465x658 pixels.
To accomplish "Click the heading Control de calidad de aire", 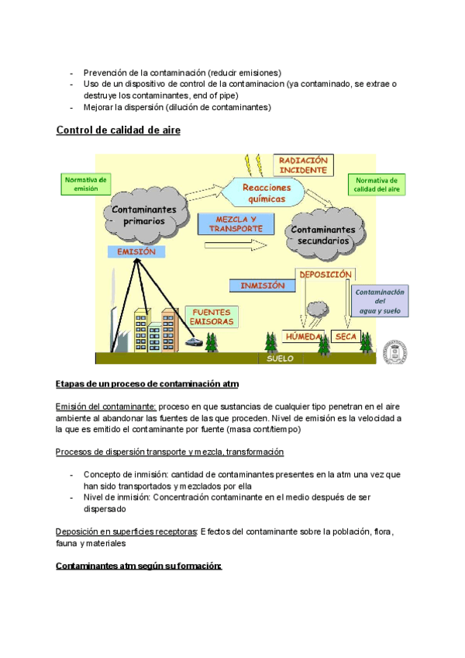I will pyautogui.click(x=118, y=130).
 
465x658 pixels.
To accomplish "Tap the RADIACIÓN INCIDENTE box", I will pyautogui.click(x=303, y=164).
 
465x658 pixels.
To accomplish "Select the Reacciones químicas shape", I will pyautogui.click(x=267, y=193).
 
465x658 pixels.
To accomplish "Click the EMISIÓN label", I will pyautogui.click(x=136, y=252).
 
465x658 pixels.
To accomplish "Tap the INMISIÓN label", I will pyautogui.click(x=262, y=286).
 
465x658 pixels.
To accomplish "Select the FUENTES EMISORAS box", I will pyautogui.click(x=211, y=316).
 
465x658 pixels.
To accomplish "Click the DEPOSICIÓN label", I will pyautogui.click(x=325, y=274).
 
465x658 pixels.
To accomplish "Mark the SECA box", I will pyautogui.click(x=346, y=337).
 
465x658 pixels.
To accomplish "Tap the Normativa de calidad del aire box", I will pyautogui.click(x=377, y=184).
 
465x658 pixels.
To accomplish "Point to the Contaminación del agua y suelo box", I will pyautogui.click(x=379, y=301).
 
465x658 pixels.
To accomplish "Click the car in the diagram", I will pyautogui.click(x=193, y=341).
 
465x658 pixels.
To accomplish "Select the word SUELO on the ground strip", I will pyautogui.click(x=280, y=358).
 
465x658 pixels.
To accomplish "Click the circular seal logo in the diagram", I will pyautogui.click(x=397, y=351).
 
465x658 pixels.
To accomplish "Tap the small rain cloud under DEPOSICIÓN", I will pyautogui.click(x=319, y=309).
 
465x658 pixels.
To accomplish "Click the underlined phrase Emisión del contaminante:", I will pyautogui.click(x=106, y=406).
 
